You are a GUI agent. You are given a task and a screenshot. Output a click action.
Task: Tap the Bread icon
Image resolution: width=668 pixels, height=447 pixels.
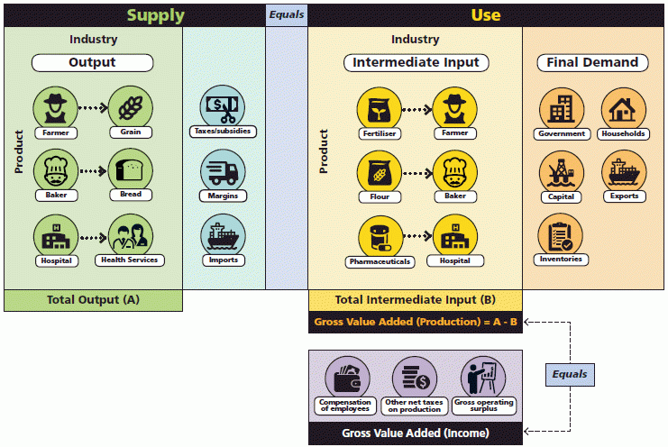(129, 170)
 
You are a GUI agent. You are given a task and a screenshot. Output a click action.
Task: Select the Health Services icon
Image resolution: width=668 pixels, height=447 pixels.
(129, 237)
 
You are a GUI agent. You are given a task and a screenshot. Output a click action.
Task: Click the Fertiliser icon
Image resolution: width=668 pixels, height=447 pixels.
(379, 109)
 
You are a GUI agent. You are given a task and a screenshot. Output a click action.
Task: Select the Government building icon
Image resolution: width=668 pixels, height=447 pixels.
(561, 109)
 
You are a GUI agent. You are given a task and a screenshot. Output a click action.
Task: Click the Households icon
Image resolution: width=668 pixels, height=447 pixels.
(623, 109)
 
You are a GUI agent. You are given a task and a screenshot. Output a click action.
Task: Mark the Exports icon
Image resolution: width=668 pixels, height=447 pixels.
(623, 171)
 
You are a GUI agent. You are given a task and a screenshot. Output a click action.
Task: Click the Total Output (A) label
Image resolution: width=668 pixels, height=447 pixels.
(93, 300)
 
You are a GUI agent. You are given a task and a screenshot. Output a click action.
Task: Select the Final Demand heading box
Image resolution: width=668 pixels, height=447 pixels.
(592, 62)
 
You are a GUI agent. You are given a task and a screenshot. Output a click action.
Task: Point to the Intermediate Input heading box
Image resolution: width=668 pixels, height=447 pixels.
(416, 62)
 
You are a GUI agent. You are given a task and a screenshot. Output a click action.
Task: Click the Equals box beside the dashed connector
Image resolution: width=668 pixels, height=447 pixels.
(570, 374)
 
